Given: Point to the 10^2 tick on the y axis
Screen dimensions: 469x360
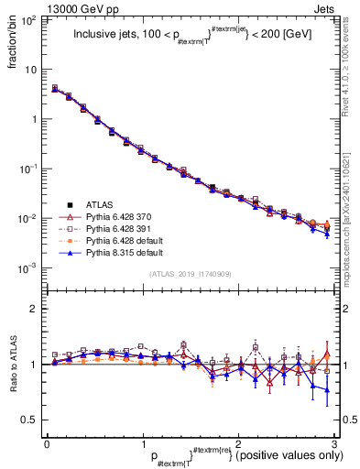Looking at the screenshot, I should (29, 20).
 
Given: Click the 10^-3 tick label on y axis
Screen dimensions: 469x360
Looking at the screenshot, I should (29, 269).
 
